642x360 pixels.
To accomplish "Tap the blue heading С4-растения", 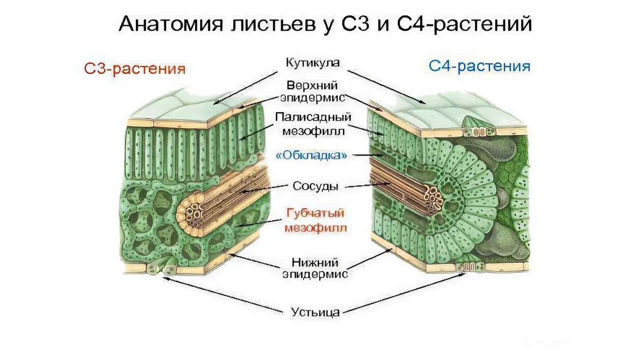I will pyautogui.click(x=480, y=66).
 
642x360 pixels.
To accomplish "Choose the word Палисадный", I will pyautogui.click(x=312, y=117).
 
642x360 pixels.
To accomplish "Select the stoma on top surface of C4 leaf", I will pyautogui.click(x=478, y=132).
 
